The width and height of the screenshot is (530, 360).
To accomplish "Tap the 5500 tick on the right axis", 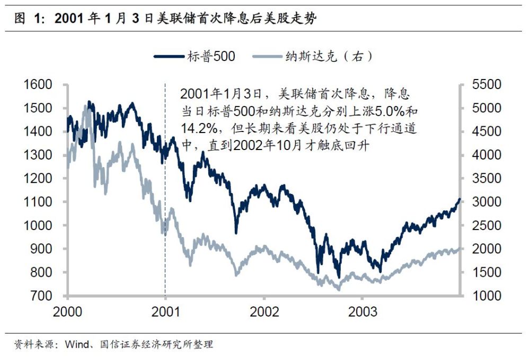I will tap(487, 85).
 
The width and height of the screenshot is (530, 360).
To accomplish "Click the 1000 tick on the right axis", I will tap(487, 296).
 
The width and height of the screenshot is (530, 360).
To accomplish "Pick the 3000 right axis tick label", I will tap(487, 202).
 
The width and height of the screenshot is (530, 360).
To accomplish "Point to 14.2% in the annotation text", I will tap(197, 128).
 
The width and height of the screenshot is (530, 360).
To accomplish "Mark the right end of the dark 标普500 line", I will tap(460, 199).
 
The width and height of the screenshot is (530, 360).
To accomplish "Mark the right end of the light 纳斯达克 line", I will tap(460, 248).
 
